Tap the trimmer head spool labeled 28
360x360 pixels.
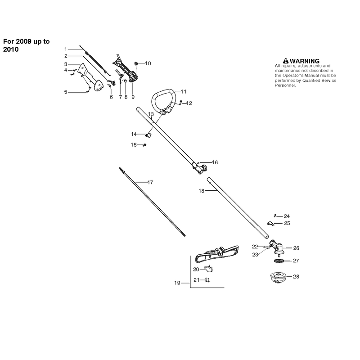(277, 277)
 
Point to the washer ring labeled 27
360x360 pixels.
(279, 261)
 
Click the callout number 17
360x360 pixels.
(150, 182)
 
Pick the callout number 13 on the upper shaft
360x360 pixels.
(151, 114)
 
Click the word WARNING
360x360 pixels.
(305, 61)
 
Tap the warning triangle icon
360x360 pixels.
(286, 61)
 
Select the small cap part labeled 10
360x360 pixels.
(136, 63)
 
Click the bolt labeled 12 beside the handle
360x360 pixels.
(181, 103)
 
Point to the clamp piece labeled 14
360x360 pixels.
(149, 135)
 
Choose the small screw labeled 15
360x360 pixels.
(144, 145)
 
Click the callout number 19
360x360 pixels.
(177, 283)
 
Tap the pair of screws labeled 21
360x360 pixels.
(207, 280)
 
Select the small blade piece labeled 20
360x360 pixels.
(209, 268)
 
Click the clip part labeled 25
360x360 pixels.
(270, 223)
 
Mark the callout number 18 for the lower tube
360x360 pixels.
(201, 191)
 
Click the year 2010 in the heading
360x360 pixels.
(11, 49)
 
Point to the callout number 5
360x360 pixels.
(66, 92)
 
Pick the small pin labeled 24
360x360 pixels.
(275, 216)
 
